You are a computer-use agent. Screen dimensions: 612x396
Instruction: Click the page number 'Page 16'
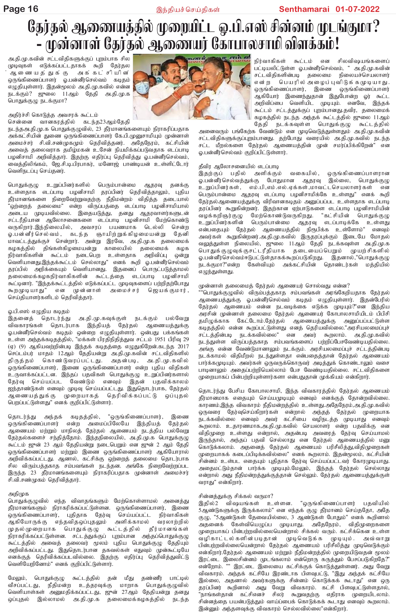(21, 9)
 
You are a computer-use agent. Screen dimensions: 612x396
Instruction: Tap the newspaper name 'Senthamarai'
(304, 9)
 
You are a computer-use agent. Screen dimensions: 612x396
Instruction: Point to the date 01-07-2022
(357, 9)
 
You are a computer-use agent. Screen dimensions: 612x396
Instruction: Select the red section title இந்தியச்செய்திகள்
(188, 10)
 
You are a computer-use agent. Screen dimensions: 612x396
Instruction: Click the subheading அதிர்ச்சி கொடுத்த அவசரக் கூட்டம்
(53, 115)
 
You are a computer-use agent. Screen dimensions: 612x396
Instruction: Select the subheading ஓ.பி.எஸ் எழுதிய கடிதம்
(39, 312)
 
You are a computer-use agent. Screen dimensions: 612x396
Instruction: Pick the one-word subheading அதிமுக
(18, 494)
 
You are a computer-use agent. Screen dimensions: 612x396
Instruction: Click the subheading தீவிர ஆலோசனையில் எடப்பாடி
(239, 167)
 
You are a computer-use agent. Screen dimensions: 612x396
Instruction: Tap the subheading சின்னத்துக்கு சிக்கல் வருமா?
(236, 496)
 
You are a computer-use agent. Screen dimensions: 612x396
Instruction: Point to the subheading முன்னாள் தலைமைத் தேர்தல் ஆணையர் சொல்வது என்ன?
(274, 286)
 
